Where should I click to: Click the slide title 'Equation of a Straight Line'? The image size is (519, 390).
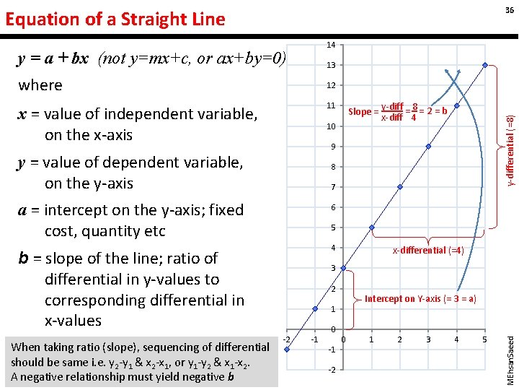click(115, 19)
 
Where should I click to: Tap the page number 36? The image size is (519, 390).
click(509, 9)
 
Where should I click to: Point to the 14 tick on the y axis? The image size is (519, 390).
click(330, 45)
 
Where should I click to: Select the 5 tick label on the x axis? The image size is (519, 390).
click(484, 339)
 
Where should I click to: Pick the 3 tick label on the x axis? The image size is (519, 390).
click(428, 339)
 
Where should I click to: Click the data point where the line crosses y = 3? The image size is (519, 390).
click(344, 269)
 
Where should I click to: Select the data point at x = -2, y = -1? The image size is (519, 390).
click(288, 350)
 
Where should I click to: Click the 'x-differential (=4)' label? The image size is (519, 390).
click(428, 251)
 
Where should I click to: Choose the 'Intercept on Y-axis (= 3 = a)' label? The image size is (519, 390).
click(420, 298)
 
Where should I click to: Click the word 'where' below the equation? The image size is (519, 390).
click(40, 85)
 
